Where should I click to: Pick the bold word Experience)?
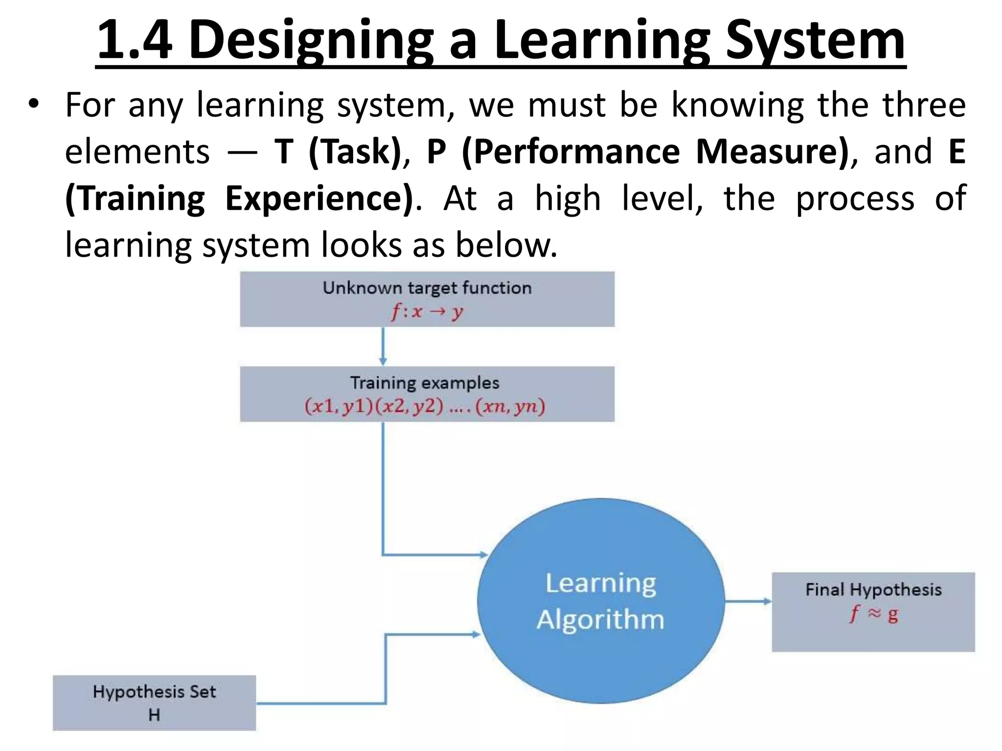click(319, 198)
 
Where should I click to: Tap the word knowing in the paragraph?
click(737, 105)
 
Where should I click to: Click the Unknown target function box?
click(427, 299)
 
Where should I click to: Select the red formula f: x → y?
click(427, 311)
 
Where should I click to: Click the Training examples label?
click(425, 382)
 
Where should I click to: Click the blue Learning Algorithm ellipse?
click(600, 600)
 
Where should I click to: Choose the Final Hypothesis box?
click(873, 611)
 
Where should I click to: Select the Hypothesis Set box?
click(154, 703)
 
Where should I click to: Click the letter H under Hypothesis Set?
click(154, 715)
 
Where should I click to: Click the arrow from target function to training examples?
click(383, 346)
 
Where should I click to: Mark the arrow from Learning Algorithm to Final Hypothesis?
click(748, 601)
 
